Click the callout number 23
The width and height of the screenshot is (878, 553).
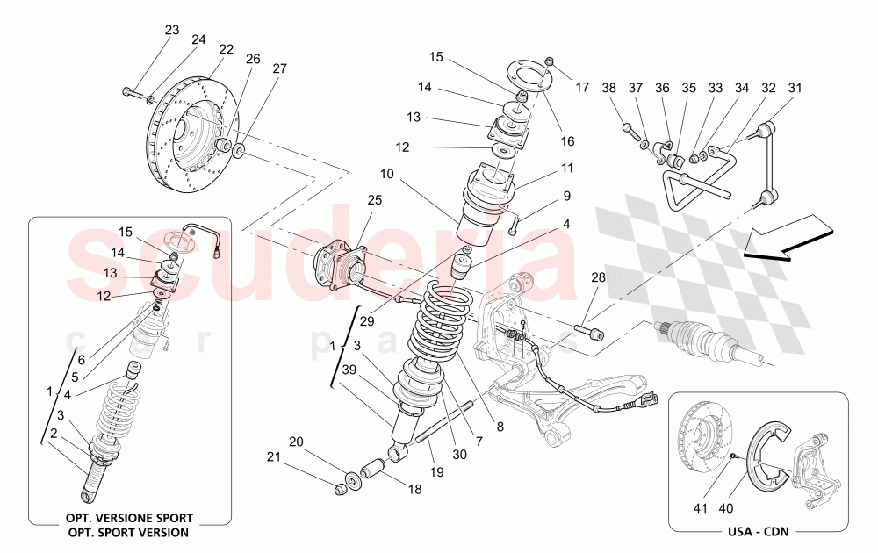(171, 31)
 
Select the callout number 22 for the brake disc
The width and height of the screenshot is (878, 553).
(227, 50)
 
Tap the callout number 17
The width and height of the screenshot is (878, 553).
(582, 88)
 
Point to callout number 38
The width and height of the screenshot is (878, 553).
(608, 88)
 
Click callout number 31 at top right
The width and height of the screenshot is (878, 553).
(795, 88)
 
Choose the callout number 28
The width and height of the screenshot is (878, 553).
(598, 278)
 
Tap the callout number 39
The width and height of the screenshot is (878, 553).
(349, 370)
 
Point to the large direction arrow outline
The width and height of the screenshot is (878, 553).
(786, 241)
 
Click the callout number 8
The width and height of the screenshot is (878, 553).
(500, 428)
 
